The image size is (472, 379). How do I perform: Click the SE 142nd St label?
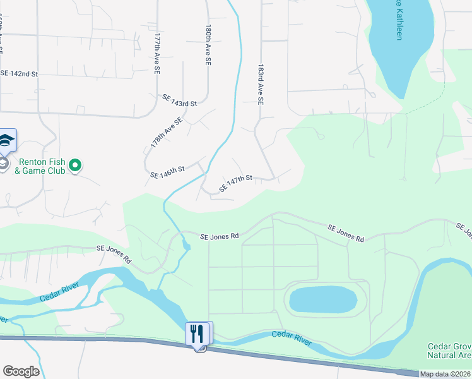point(19,74)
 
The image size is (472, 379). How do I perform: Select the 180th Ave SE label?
point(207,46)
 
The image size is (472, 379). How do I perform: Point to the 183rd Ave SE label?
point(260,83)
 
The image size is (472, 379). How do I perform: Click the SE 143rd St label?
point(180,100)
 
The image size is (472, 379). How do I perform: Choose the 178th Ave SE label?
point(167,133)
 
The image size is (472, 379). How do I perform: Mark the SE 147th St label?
point(235,184)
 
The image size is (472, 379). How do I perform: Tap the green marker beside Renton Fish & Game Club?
point(76,165)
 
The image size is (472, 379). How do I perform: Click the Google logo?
point(21,371)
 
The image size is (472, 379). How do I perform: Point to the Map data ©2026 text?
point(445,374)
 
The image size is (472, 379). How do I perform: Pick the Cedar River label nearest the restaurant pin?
point(291,338)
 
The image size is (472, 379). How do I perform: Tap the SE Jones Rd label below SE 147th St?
point(220,236)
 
